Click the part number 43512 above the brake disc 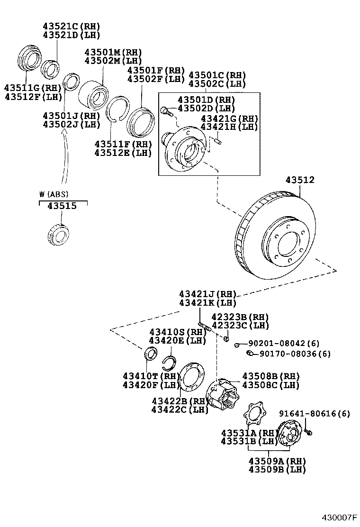pyautogui.click(x=300, y=181)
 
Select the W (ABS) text pyautogui.click(x=54, y=194)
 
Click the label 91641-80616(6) pyautogui.click(x=314, y=414)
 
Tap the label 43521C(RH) pyautogui.click(x=72, y=26)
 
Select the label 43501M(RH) pyautogui.click(x=113, y=52)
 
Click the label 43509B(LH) pyautogui.click(x=277, y=470)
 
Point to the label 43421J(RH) pyautogui.click(x=207, y=294)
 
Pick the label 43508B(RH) pyautogui.click(x=271, y=376)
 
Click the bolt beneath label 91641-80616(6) pyautogui.click(x=308, y=432)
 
